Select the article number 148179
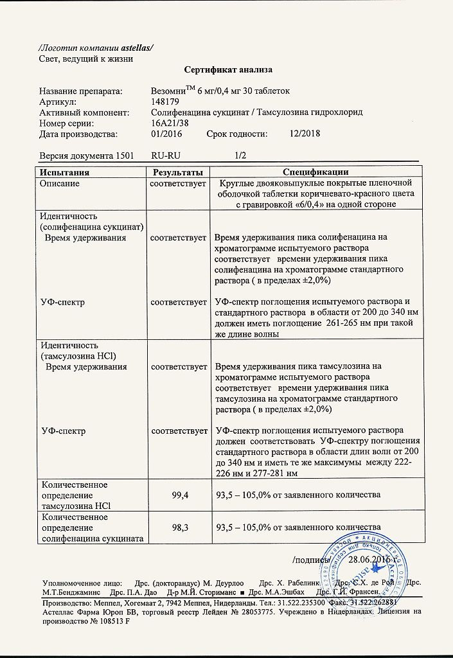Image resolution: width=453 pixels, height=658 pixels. (x=165, y=102)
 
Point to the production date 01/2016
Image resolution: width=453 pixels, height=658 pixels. (x=166, y=134)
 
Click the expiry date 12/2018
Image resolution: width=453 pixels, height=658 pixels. (x=305, y=134)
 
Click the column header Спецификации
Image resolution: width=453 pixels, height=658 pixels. (x=316, y=172)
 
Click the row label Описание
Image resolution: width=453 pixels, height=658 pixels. (x=60, y=183)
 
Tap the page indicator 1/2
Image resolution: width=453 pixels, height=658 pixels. (x=240, y=156)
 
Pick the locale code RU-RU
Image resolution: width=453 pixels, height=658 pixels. (x=166, y=156)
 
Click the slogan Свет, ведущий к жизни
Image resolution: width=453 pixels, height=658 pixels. (x=86, y=59)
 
